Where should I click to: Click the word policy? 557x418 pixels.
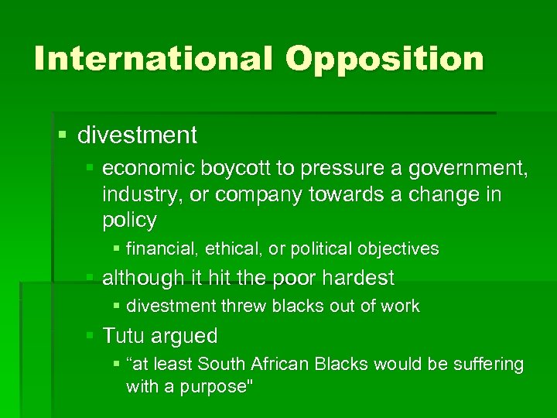click(128, 220)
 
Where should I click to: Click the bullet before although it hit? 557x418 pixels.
click(91, 277)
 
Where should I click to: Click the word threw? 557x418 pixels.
click(240, 307)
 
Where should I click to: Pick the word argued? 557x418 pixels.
click(188, 336)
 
